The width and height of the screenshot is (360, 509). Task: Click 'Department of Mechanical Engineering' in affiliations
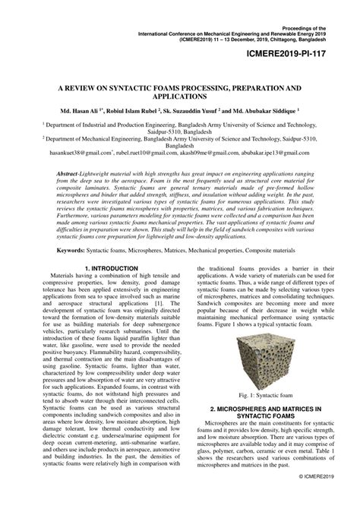[98, 139]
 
